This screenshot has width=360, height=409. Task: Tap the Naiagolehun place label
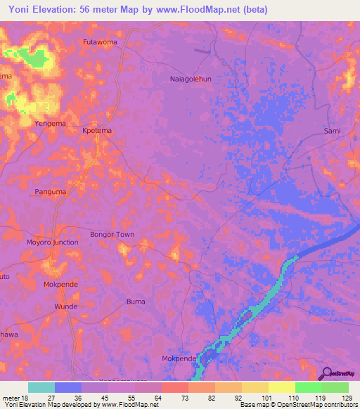click(x=191, y=79)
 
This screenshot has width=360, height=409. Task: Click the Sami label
click(x=332, y=131)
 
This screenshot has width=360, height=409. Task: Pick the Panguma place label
click(x=51, y=191)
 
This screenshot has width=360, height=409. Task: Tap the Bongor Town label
click(x=112, y=234)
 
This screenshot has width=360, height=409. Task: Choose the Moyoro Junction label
click(x=52, y=242)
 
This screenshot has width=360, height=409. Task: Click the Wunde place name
click(x=65, y=307)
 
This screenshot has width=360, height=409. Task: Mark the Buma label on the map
click(x=135, y=301)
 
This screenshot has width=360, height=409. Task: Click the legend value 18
click(x=27, y=398)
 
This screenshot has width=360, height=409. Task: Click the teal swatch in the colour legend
click(x=41, y=387)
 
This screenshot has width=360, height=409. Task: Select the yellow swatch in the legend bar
click(x=282, y=387)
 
